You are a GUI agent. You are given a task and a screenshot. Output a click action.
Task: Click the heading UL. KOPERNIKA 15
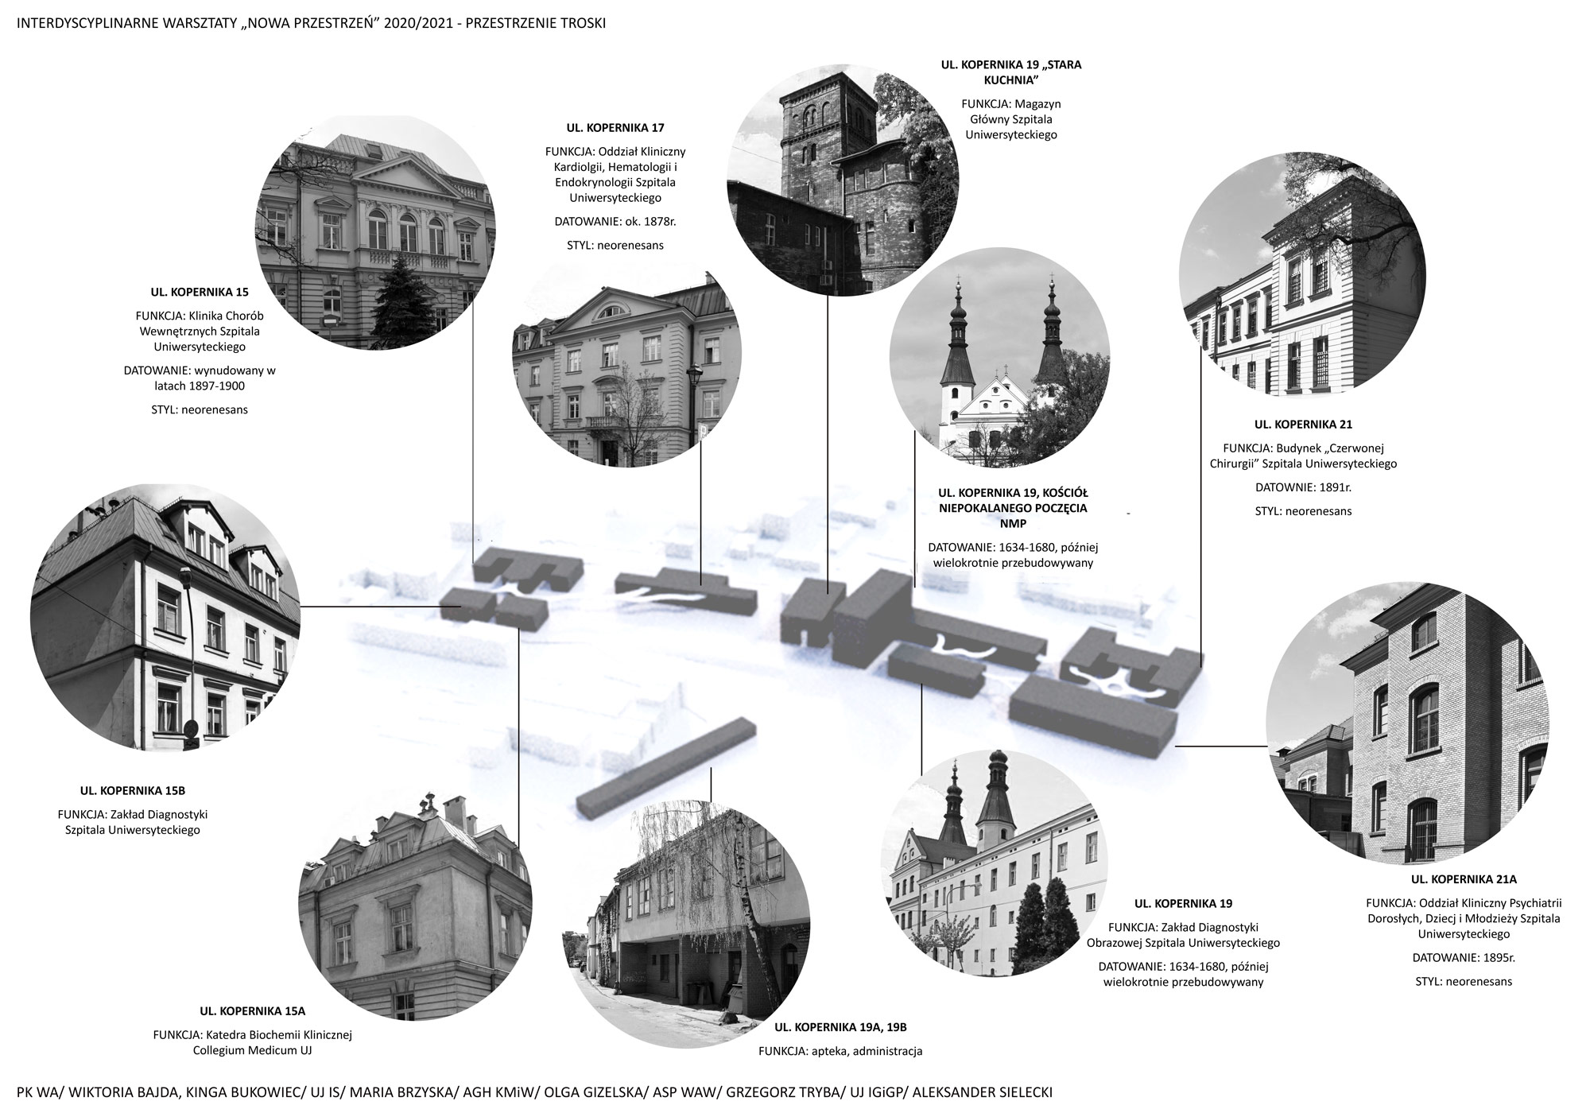point(199,292)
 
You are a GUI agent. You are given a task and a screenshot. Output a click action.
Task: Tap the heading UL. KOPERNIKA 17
point(615,127)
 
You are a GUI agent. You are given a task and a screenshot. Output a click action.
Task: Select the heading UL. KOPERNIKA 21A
point(1464,879)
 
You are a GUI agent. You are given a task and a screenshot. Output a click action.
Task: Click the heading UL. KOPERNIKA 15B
point(132,791)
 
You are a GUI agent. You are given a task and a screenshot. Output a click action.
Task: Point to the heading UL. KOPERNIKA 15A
point(252,1011)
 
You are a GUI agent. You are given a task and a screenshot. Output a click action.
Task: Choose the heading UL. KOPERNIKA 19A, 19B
point(840,1027)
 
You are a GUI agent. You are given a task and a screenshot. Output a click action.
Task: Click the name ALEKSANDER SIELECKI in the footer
point(983,1093)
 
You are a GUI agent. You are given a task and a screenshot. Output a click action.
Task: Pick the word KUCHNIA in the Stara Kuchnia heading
point(1010,80)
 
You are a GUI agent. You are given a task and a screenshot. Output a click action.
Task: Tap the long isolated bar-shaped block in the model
point(666,767)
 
